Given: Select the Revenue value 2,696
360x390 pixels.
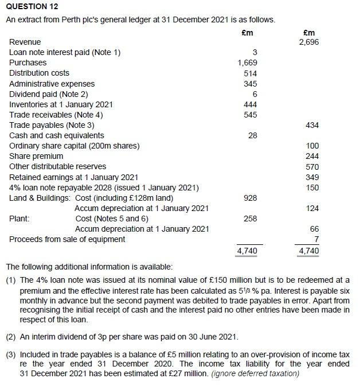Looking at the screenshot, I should point(309,42).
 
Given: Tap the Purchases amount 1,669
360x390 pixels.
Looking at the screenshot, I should point(248,63).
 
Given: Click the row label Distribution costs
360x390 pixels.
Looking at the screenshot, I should point(39,73).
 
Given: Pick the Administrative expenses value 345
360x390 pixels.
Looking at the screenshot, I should point(251,84).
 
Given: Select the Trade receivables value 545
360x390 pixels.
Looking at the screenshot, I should point(251,115).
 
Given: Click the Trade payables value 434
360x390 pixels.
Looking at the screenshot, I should point(312,125).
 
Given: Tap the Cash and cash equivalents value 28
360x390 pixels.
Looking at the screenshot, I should point(252,135).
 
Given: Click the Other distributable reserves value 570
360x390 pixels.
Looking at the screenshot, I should point(312,167).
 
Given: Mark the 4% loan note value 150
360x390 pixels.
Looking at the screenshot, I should point(312,188).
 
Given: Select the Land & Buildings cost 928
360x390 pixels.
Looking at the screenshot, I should point(251,198).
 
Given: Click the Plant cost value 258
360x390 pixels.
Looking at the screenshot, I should point(251,219).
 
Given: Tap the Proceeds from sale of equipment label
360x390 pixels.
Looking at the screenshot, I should point(67,239).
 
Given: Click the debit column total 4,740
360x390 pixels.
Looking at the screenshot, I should point(247,251).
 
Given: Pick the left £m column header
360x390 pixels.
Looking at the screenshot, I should point(247,33).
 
